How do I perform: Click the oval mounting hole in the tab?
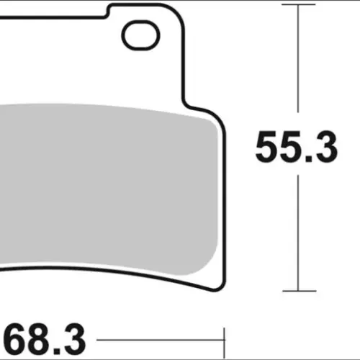point(140,35)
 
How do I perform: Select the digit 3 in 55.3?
point(325,147)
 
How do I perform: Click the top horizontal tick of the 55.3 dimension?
point(298,4)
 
